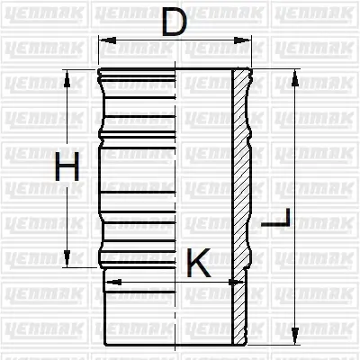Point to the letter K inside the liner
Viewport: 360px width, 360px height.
click(198, 265)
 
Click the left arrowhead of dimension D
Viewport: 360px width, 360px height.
click(103, 40)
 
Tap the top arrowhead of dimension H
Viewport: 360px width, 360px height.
click(66, 74)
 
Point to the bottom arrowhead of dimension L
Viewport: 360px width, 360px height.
click(293, 342)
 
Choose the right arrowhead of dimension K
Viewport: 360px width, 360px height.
click(240, 281)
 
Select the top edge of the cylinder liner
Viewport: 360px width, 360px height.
click(171, 69)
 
